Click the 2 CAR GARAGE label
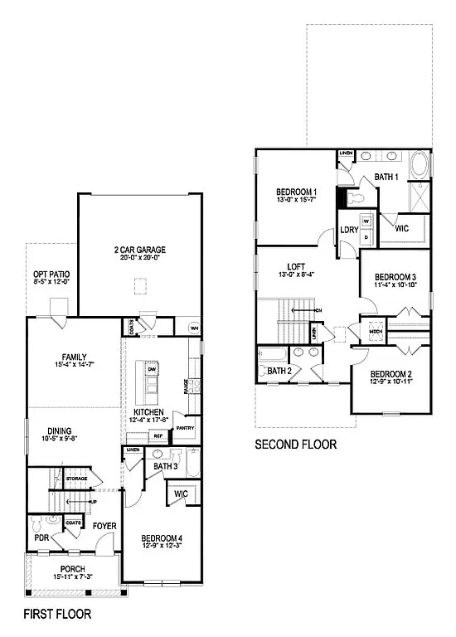coord(140,250)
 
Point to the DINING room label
coord(59,430)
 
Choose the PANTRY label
coord(185,429)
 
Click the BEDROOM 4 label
coord(162,538)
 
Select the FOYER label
coord(104,526)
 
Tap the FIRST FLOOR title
coord(56,615)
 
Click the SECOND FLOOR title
coord(295,445)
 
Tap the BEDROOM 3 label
coord(395,276)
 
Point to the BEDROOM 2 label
coord(391,373)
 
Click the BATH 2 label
coord(278,371)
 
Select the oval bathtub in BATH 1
coord(420,165)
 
